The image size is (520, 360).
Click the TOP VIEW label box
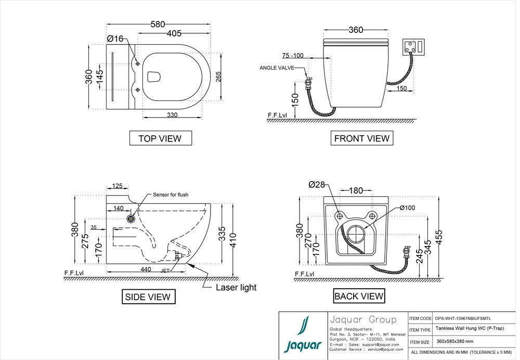tap(160, 138)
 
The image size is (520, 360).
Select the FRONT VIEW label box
tap(361, 138)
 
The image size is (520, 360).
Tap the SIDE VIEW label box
tap(148, 297)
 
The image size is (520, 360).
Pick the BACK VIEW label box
tap(359, 297)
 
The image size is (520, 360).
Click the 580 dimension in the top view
tap(158, 24)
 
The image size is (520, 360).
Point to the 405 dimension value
tap(174, 34)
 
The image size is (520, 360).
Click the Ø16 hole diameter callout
tap(115, 38)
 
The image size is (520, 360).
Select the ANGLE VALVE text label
tap(278, 68)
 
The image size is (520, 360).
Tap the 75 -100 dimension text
tap(293, 56)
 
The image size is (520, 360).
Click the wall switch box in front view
tap(415, 46)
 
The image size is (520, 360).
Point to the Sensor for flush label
tap(171, 195)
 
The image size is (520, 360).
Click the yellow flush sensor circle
tap(131, 217)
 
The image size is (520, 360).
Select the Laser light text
tap(236, 287)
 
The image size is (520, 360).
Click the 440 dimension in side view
tap(146, 269)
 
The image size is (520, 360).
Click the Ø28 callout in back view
tap(316, 184)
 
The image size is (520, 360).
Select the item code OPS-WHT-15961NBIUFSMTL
tap(463, 318)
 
